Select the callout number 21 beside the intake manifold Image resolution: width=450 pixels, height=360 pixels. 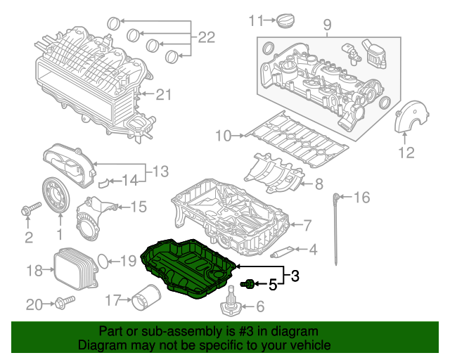[x=163, y=94]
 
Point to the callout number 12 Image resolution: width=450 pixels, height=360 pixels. [x=407, y=152]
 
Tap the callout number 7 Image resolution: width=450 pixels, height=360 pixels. [x=307, y=226]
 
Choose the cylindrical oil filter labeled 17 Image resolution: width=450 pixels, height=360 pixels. [x=144, y=302]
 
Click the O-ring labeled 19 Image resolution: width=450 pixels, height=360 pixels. [x=102, y=261]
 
